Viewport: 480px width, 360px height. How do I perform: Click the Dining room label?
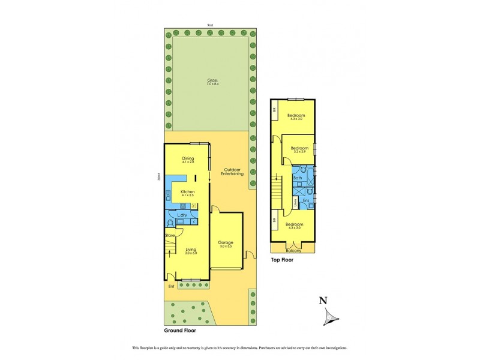click(188, 159)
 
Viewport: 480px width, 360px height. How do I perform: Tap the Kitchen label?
click(188, 191)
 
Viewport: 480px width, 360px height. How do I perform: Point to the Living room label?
click(191, 250)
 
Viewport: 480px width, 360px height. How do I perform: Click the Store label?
click(170, 236)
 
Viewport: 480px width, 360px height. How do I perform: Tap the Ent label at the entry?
click(171, 286)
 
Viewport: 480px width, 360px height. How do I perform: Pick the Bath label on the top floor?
click(298, 178)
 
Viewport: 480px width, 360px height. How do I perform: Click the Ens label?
click(305, 200)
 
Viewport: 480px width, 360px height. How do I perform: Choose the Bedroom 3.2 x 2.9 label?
click(299, 148)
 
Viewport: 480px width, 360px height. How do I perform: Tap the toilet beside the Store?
click(171, 223)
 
